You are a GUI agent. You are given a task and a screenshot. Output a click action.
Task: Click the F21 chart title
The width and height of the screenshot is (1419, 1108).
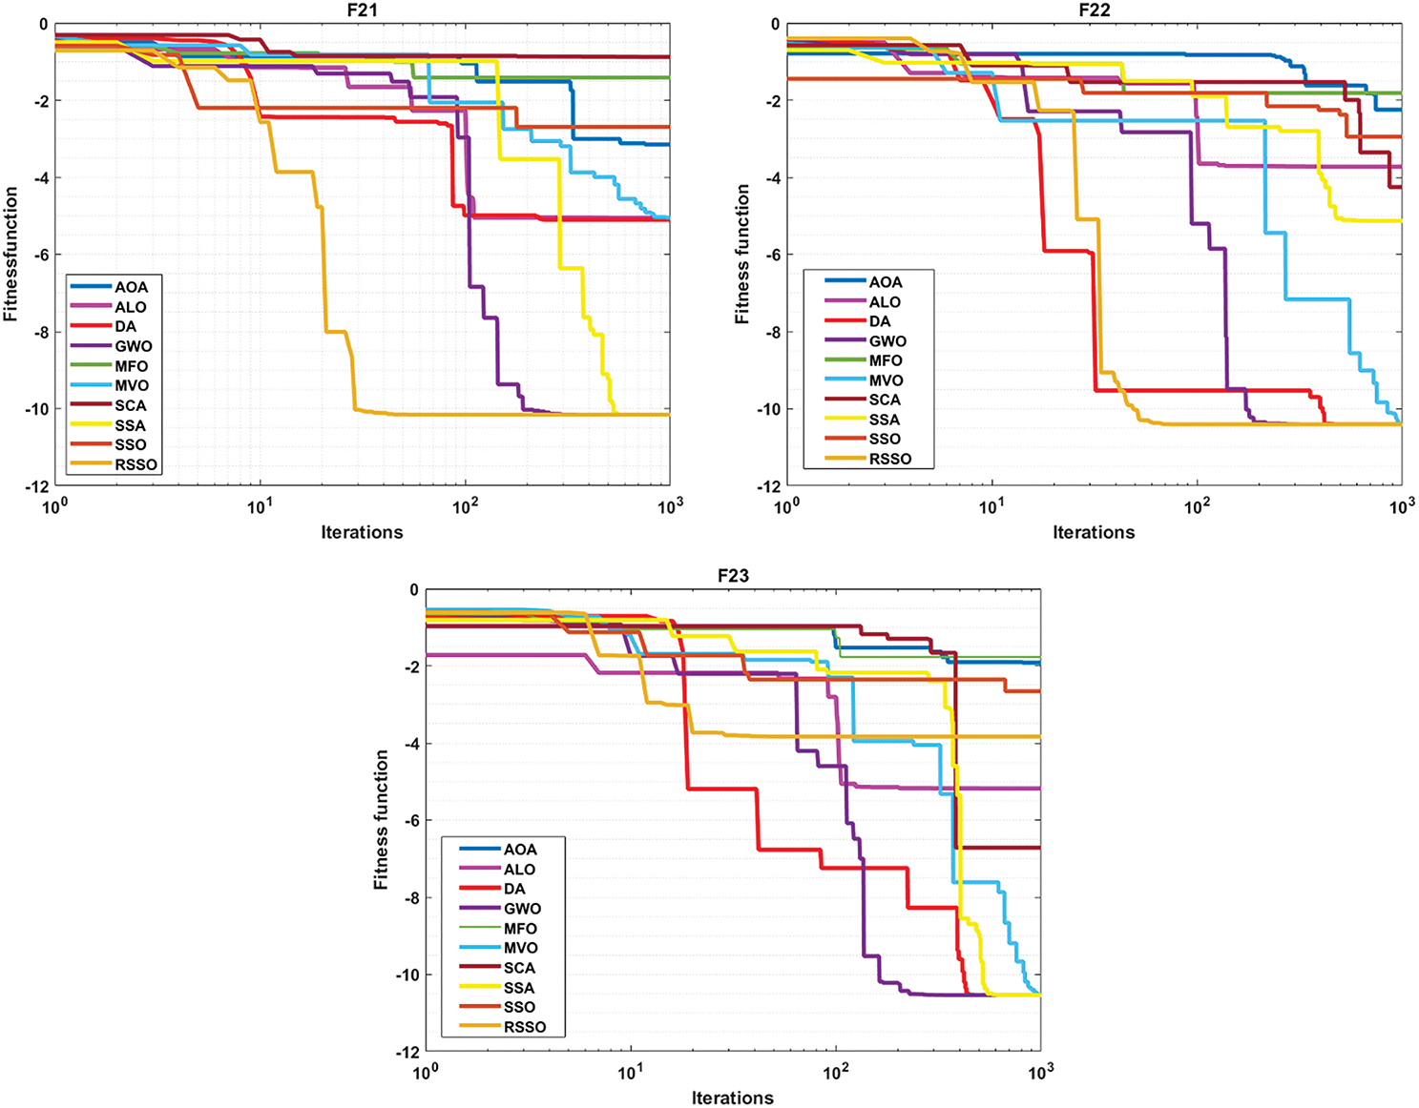[363, 10]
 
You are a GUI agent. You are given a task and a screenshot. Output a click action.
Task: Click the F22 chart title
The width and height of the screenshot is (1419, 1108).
[1095, 10]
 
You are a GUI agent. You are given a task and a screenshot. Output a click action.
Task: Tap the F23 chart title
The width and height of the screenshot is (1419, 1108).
[733, 576]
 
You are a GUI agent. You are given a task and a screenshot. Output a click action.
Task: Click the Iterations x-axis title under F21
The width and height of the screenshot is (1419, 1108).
[363, 532]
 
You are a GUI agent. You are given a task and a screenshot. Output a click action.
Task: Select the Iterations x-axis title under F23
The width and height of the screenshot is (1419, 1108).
[733, 1098]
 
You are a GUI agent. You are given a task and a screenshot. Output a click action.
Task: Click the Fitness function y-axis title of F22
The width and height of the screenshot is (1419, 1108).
[742, 255]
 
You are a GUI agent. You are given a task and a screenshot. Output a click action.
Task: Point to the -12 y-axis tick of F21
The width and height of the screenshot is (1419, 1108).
[36, 486]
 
